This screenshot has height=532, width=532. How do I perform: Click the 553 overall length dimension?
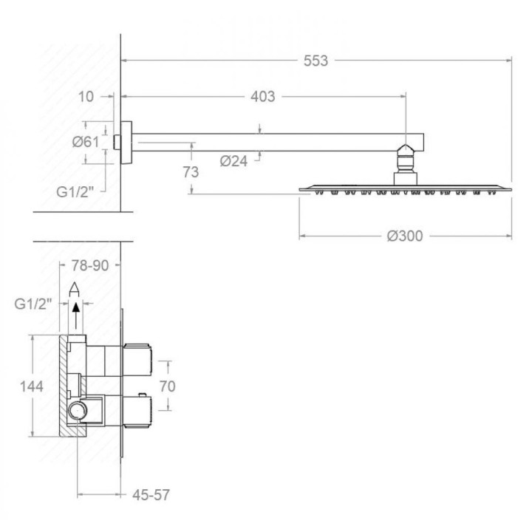pos(316,61)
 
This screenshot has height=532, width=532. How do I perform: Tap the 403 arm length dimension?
pos(263,97)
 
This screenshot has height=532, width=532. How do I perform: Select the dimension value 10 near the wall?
pos(86,97)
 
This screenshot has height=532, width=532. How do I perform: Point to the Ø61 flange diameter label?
pos(86,142)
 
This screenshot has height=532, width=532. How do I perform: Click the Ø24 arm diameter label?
pos(233,161)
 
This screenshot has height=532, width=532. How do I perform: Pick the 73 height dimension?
pos(191,172)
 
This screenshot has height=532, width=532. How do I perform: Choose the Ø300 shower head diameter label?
pos(405,236)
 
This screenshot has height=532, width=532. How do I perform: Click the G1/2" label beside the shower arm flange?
pos(75,192)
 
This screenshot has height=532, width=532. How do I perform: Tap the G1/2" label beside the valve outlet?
pos(33,304)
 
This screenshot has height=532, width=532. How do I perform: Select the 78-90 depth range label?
pos(90,266)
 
